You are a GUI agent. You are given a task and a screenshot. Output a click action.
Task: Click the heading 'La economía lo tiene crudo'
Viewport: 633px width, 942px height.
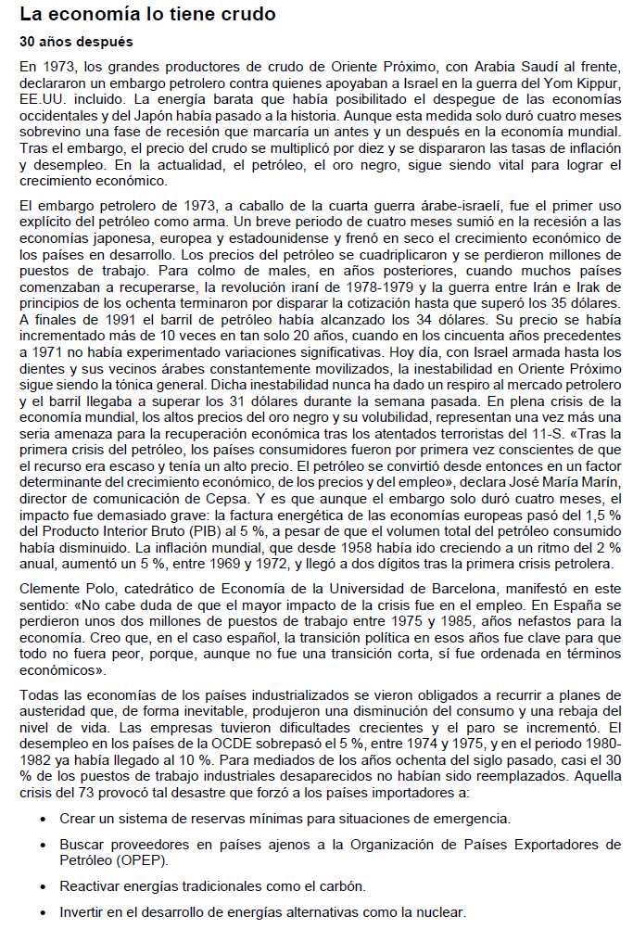point(147,16)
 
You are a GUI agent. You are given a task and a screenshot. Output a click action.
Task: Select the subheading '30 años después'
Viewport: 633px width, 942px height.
point(76,43)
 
